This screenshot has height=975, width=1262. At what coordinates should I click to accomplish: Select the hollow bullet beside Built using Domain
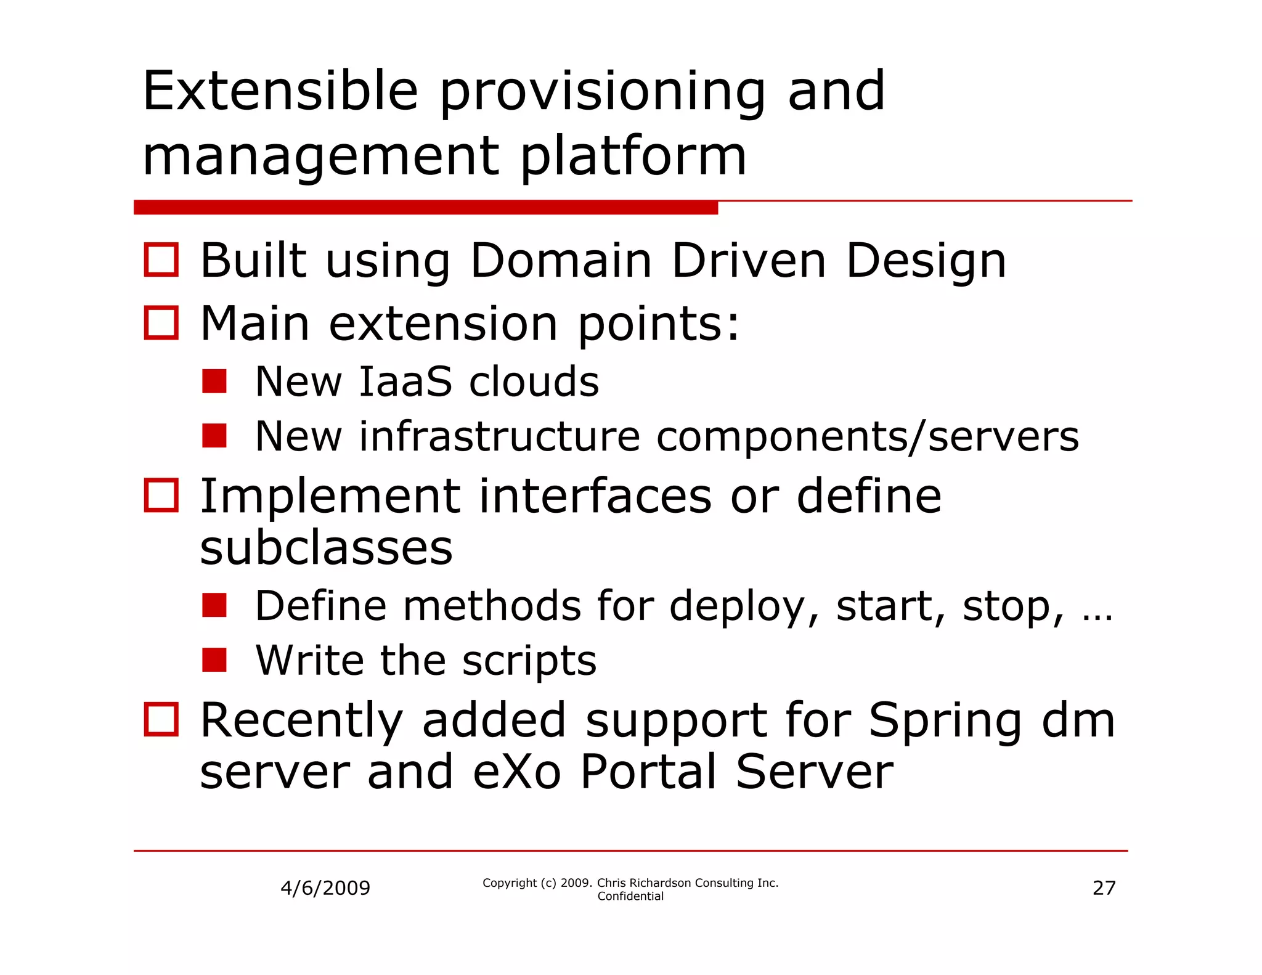[x=161, y=259]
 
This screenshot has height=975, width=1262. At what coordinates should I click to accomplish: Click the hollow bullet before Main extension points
[x=161, y=322]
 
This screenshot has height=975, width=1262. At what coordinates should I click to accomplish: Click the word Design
[x=926, y=261]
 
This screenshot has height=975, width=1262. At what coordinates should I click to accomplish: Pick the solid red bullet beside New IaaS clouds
[x=214, y=381]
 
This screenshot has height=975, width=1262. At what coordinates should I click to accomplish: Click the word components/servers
[x=867, y=437]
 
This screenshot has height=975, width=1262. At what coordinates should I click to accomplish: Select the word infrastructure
[x=500, y=437]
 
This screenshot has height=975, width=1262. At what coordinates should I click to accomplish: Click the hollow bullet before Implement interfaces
[x=161, y=495]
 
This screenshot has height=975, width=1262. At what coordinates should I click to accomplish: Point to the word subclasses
[x=326, y=548]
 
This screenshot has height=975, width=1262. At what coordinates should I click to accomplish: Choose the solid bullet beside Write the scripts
[x=214, y=660]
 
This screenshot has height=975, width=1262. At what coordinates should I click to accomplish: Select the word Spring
[x=945, y=721]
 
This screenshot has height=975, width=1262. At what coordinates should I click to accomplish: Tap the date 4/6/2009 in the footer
[x=325, y=888]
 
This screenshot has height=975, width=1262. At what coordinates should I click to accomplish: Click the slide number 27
[x=1104, y=888]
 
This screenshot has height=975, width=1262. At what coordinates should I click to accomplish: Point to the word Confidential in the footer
[x=630, y=896]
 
